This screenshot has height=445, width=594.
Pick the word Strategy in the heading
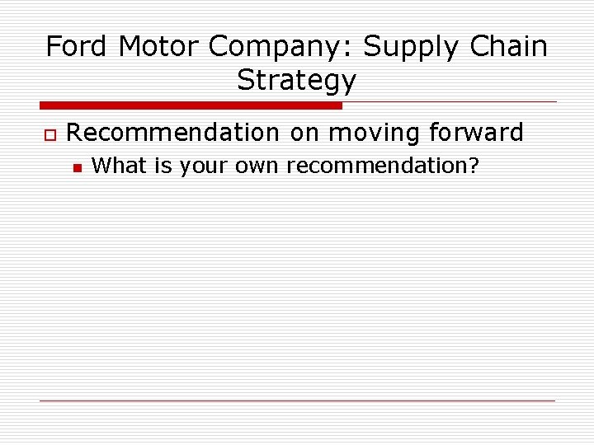point(297,81)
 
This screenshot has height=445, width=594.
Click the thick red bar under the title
point(191,105)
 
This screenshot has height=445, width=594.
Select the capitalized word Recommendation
point(172,132)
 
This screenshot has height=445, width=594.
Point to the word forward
point(476,132)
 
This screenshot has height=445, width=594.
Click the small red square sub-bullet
point(76,167)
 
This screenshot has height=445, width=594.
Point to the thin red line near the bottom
point(297,400)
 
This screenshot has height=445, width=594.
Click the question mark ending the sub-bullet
point(474,165)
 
